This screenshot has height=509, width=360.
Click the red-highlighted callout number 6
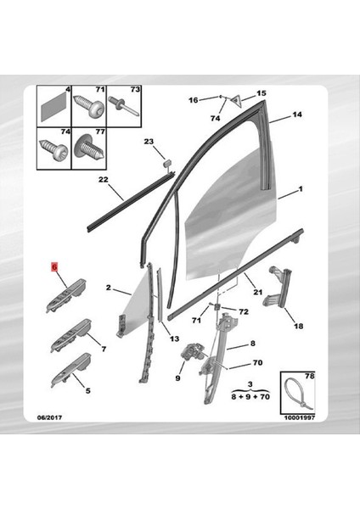pyautogui.click(x=53, y=266)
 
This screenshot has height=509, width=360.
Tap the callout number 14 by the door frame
pyautogui.click(x=297, y=114)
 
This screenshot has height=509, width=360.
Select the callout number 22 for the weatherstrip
pyautogui.click(x=103, y=180)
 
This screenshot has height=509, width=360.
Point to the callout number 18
pyautogui.click(x=297, y=326)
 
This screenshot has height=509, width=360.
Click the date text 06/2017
pyautogui.click(x=49, y=417)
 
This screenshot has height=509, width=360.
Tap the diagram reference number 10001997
pyautogui.click(x=299, y=417)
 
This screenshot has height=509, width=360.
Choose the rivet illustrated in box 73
pyautogui.click(x=125, y=108)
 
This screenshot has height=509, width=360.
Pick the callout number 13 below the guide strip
pyautogui.click(x=174, y=338)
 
